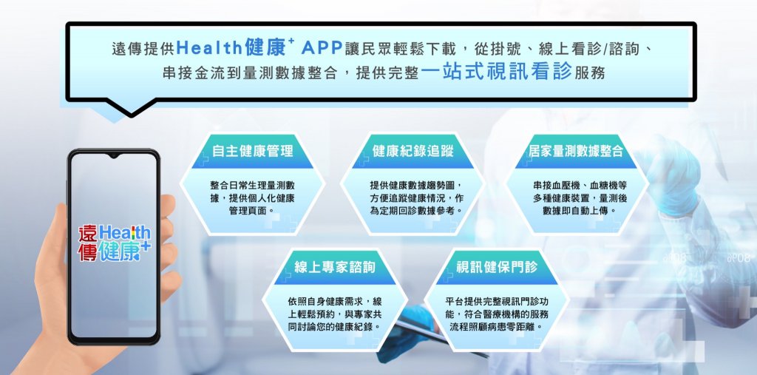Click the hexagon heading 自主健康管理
[253, 151]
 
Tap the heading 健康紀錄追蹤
[413, 151]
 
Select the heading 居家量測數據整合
[576, 151]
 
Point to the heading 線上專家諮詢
[335, 267]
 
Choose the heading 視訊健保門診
[496, 267]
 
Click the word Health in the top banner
[208, 48]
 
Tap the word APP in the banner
[322, 48]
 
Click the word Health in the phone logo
[123, 234]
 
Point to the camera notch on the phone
[113, 155]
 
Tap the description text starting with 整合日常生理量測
[252, 197]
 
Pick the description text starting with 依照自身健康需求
[334, 314]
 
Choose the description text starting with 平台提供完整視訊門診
[496, 314]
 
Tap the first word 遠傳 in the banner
[127, 49]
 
